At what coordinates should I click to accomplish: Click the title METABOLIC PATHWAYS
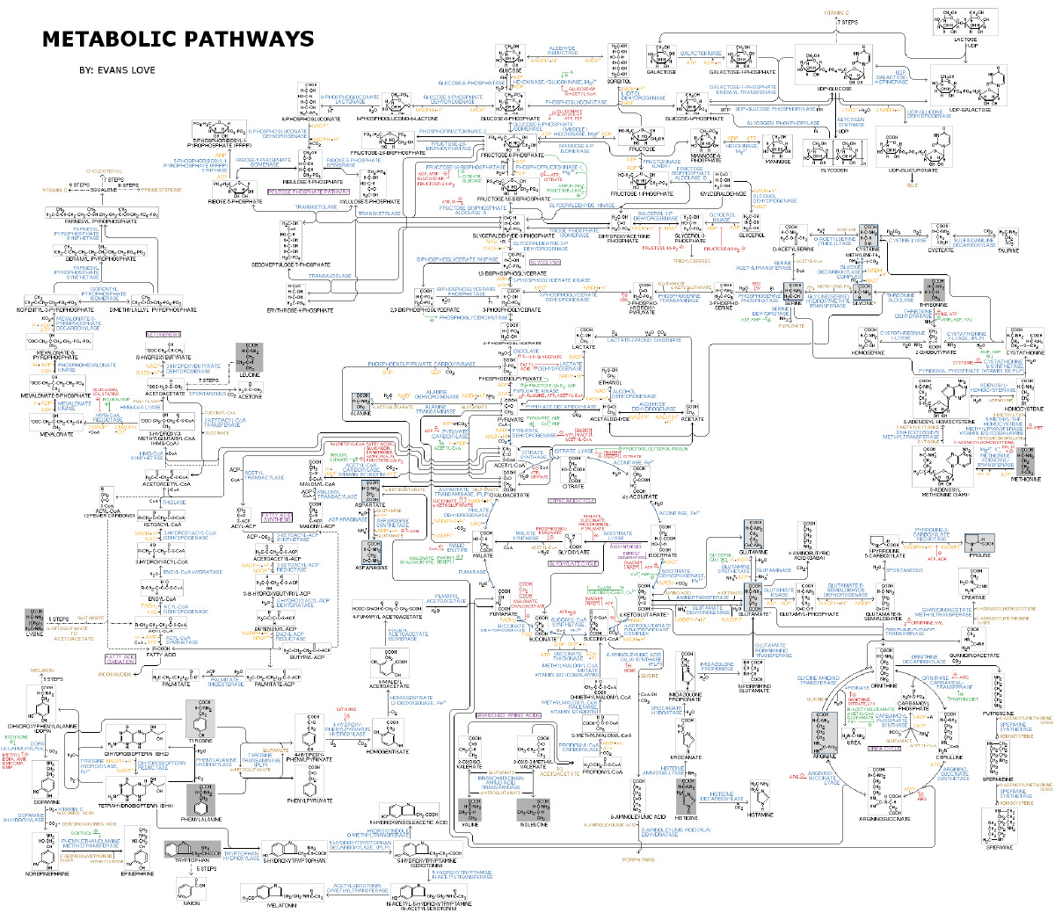(178, 40)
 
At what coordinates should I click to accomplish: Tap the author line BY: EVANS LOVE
(117, 70)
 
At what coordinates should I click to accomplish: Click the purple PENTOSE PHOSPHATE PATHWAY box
(309, 191)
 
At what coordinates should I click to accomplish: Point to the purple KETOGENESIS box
(163, 335)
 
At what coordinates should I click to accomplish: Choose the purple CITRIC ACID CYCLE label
(572, 501)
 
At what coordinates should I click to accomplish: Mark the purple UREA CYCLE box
(884, 749)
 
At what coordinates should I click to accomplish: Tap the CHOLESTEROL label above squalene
(105, 170)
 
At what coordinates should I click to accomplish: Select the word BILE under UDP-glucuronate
(912, 185)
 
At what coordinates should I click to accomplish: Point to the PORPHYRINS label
(638, 859)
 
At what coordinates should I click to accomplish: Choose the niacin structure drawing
(192, 887)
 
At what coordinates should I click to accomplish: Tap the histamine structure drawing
(760, 793)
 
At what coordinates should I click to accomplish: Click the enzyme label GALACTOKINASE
(701, 54)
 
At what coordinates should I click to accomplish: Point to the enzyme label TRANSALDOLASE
(330, 276)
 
